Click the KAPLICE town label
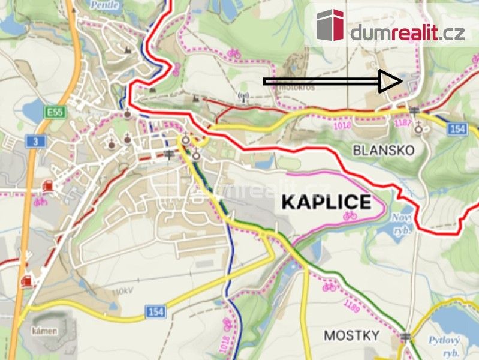tap(326, 202)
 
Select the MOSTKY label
tap(351, 335)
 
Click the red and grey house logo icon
tap(330, 25)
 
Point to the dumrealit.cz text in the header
tap(407, 32)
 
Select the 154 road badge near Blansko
tap(457, 129)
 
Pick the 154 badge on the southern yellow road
tap(155, 312)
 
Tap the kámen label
tap(45, 331)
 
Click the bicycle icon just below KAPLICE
tap(349, 214)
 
